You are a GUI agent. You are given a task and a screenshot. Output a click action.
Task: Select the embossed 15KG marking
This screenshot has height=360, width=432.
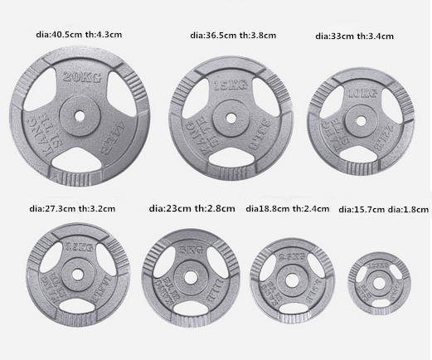coord(229,85)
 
